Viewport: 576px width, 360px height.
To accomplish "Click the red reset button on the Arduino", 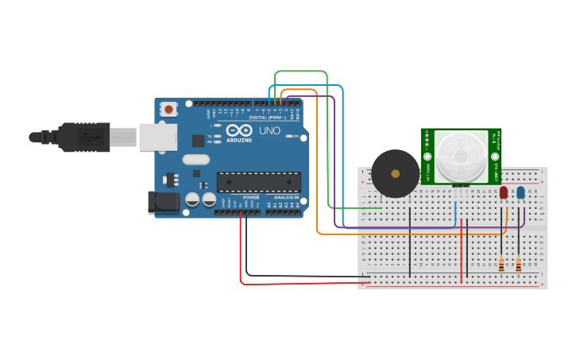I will click(168, 110).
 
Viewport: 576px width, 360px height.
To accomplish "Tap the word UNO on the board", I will click(269, 130).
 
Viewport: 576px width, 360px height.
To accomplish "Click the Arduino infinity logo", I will click(238, 130).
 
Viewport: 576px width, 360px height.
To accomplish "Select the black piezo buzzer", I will click(395, 173).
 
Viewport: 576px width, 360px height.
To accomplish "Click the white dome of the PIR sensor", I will click(460, 155).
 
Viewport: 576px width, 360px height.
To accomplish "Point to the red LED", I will click(504, 192).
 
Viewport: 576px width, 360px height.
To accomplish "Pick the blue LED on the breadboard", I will click(520, 192).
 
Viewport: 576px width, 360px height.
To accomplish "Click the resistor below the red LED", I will click(501, 265).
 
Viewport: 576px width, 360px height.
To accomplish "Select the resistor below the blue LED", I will click(518, 265).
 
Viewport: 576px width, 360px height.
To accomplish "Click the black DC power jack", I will click(163, 202).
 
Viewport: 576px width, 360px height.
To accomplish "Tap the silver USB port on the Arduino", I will click(157, 137).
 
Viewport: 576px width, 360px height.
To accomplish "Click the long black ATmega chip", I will click(258, 182).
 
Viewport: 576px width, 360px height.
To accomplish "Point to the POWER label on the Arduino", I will click(251, 197).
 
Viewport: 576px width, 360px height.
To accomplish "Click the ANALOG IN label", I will click(286, 197).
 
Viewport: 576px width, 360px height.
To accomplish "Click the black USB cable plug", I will click(83, 137).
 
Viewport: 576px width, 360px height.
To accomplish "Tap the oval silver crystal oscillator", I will click(195, 160).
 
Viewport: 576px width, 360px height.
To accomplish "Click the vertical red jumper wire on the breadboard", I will click(462, 250).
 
